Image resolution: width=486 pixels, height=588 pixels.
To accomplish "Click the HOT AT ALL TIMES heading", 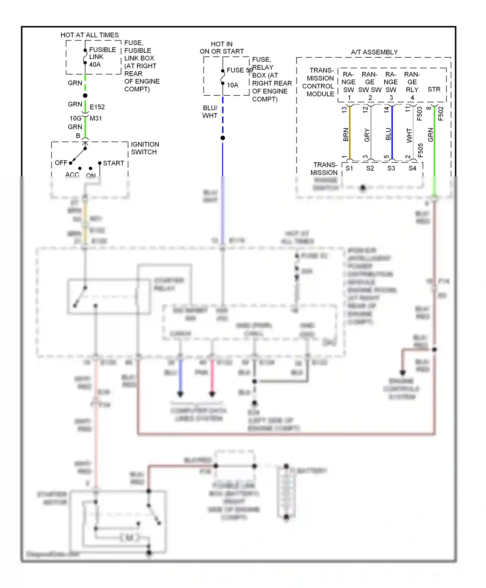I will pos(89,35).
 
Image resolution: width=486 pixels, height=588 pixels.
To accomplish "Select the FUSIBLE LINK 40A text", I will pos(102,57).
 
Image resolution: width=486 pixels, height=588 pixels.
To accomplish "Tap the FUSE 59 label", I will pos(239,70).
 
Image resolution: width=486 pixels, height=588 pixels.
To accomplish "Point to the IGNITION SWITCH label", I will pos(145,148).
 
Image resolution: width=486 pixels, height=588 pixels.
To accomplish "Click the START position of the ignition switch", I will pos(113,163).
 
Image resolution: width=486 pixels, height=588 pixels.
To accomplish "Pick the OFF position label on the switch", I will pos(61,163).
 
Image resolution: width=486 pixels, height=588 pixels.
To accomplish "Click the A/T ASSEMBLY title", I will pos(374,52).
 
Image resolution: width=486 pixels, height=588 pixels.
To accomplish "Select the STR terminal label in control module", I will pos(434,89).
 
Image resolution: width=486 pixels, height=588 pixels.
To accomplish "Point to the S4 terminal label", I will pos(412,168).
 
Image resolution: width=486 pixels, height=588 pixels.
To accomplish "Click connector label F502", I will pos(441,114).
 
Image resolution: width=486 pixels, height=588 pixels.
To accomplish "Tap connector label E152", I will pos(97,107).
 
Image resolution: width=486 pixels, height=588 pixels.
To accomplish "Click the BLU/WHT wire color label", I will pos(210,112).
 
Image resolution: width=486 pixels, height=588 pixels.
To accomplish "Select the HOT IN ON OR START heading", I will pos(222,48).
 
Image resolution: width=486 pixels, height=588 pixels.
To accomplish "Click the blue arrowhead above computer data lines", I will pos(180,394).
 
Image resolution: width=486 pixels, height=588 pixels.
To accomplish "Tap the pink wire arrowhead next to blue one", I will pos(212,394).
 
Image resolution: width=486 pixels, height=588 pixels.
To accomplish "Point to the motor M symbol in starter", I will pos(129,538).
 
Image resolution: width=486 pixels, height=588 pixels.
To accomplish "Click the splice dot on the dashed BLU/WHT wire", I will pos(223,138).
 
